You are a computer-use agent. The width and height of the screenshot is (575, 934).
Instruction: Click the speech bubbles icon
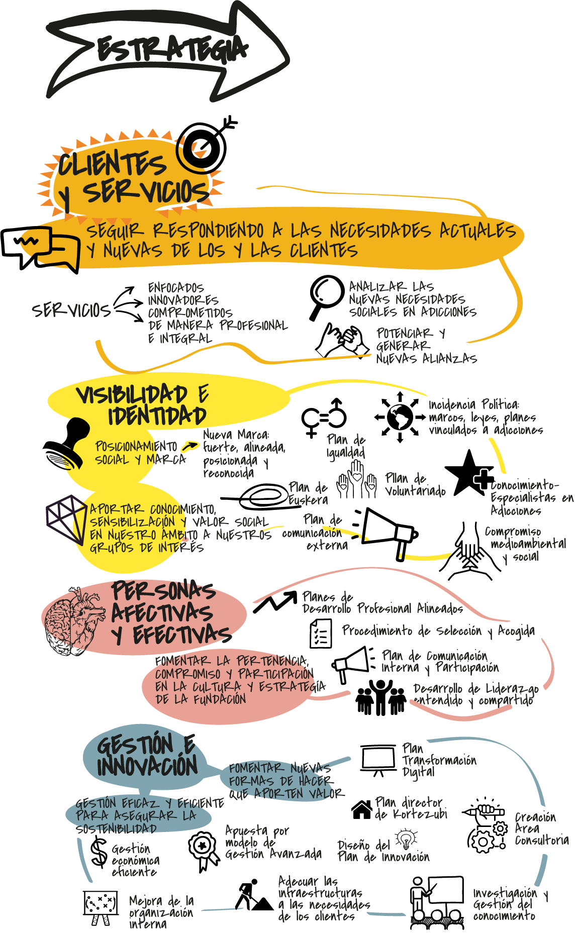tap(40, 248)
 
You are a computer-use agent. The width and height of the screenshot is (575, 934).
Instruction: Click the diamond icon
tap(66, 518)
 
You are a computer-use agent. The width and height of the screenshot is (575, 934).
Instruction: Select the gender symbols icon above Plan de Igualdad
tap(324, 417)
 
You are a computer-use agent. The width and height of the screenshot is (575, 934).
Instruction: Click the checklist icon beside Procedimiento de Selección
tap(321, 633)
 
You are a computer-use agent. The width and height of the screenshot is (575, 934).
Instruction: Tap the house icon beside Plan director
tap(362, 809)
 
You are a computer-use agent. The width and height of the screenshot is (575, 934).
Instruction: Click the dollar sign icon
tap(99, 852)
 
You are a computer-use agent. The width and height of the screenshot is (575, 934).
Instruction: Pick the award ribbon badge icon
tap(203, 849)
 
